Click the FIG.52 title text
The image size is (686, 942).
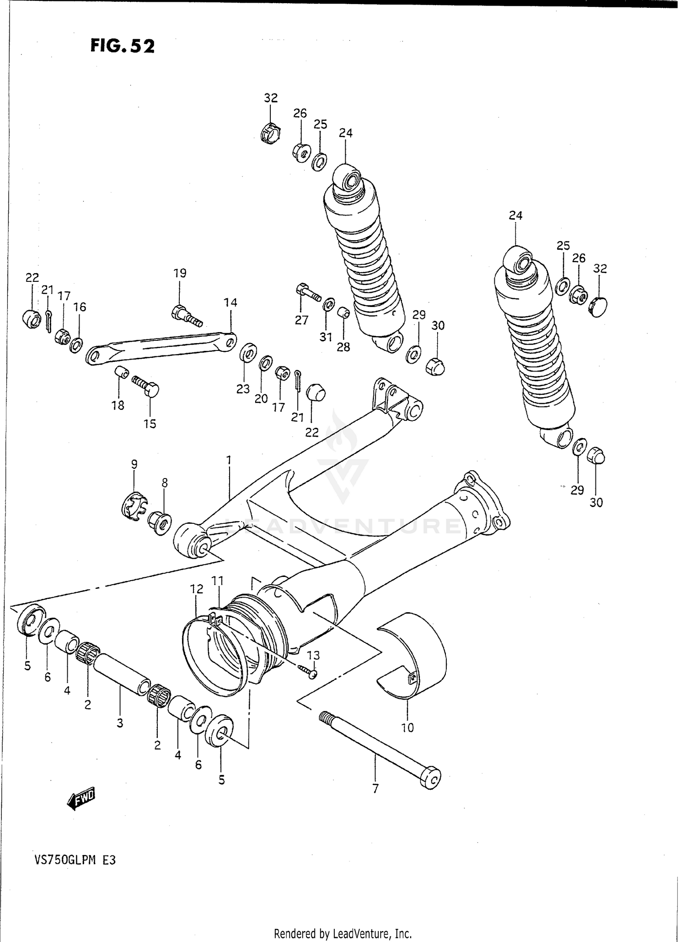click(122, 46)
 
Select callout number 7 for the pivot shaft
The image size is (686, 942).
click(375, 789)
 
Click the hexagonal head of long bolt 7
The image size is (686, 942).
click(430, 777)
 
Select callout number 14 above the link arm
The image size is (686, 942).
click(230, 302)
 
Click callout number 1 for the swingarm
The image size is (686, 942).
click(228, 458)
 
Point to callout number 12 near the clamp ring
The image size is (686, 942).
click(197, 588)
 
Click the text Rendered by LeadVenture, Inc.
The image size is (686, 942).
click(343, 933)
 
